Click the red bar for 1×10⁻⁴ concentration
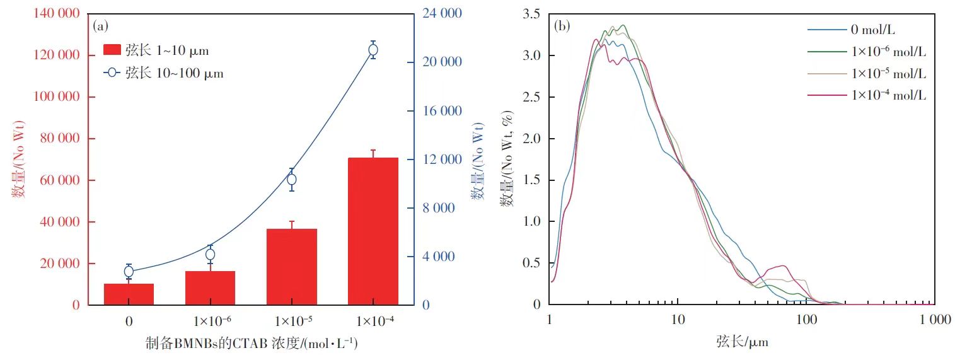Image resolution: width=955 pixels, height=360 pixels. click(x=373, y=231)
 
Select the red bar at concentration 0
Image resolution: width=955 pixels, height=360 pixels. click(x=129, y=294)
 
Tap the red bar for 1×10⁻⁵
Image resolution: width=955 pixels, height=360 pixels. click(x=291, y=267)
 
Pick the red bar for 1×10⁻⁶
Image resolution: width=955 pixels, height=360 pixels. click(x=210, y=287)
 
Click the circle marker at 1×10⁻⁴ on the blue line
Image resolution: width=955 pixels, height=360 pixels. click(x=373, y=50)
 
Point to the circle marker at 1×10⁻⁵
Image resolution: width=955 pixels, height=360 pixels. click(x=292, y=180)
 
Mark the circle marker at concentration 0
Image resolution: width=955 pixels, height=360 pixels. click(x=129, y=272)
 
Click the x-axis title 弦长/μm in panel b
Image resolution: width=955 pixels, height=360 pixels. click(x=742, y=342)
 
